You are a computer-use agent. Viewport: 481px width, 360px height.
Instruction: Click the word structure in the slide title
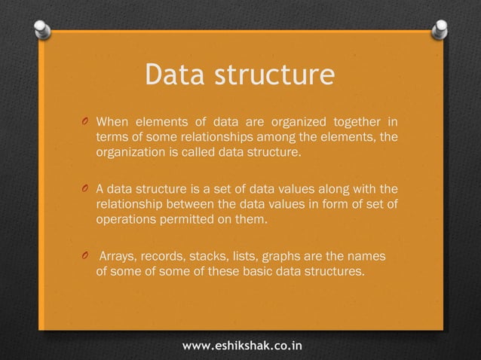274,77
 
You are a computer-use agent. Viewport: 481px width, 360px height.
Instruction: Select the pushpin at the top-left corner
43,30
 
